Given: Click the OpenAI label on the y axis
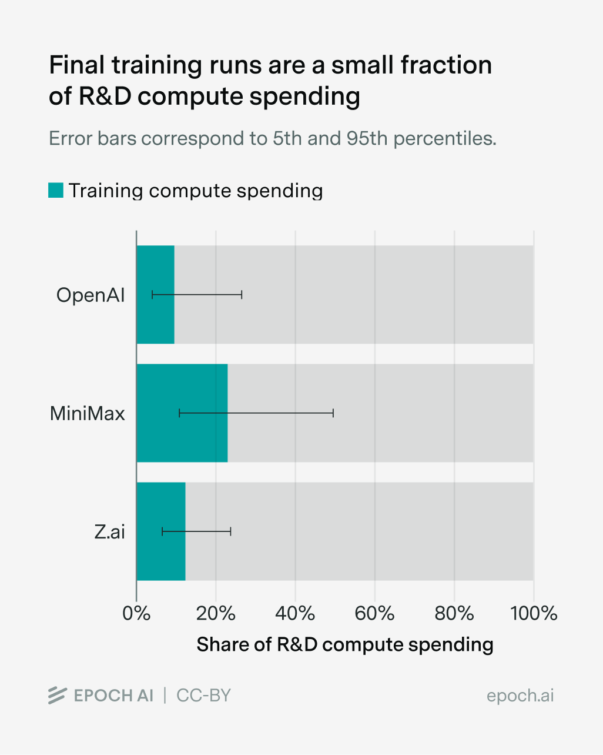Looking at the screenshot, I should click(x=91, y=295).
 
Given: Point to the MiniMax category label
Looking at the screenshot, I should click(x=87, y=413).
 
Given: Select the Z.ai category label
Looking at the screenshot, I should click(x=110, y=532).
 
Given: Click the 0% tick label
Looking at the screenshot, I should click(x=136, y=613).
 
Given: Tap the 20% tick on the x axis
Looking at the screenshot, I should click(x=216, y=613).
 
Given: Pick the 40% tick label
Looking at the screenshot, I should click(x=295, y=613).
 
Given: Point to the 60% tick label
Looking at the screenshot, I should click(x=374, y=613).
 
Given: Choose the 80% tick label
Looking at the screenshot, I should click(x=454, y=613).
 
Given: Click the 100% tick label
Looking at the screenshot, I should click(x=534, y=613).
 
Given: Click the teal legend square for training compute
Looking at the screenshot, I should click(x=56, y=190).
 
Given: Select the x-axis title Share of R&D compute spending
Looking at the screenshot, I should click(x=344, y=644).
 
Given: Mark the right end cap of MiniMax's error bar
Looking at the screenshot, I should click(x=333, y=413).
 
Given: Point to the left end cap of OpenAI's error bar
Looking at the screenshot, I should click(x=152, y=294).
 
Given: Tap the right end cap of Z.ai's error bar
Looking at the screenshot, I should click(x=230, y=531).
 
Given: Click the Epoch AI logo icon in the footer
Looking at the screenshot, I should click(x=57, y=695).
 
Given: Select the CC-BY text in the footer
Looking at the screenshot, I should click(x=203, y=696).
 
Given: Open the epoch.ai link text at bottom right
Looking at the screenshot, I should click(x=520, y=696).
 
